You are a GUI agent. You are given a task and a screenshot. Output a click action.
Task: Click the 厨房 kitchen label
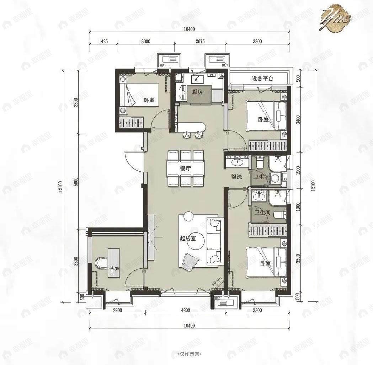(x=197, y=92)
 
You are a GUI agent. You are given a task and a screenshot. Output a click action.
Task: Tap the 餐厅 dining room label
(x=186, y=169)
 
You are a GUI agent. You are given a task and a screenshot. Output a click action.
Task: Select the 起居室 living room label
(x=188, y=238)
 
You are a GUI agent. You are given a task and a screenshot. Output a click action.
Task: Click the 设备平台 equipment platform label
(x=262, y=79)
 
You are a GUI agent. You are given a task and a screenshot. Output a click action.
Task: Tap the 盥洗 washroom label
(x=236, y=177)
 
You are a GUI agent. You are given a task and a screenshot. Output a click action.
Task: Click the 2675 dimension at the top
(x=200, y=41)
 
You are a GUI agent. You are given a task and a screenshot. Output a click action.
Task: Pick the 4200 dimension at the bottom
(x=185, y=310)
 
